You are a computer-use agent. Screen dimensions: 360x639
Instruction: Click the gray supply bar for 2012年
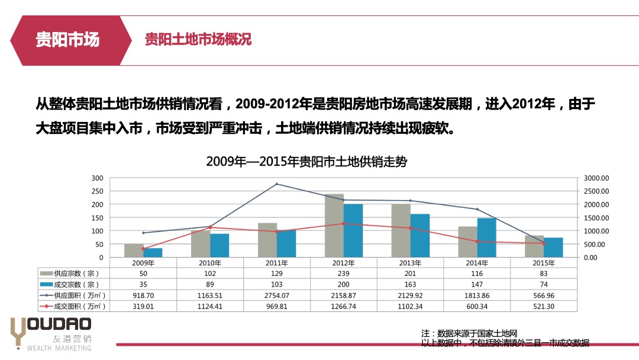334,226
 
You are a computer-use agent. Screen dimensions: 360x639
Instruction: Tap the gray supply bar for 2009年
134,250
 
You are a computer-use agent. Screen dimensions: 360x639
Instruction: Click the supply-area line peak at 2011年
277,184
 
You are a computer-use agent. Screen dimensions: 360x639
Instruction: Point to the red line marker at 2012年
344,224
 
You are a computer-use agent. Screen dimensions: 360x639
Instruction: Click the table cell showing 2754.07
277,295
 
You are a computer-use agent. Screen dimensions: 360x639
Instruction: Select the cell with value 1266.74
344,306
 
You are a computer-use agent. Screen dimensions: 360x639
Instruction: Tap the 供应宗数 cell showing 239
344,274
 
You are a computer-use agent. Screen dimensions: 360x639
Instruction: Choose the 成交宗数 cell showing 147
477,284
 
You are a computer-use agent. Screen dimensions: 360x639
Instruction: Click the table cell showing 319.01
143,306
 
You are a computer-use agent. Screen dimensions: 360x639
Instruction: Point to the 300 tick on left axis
97,178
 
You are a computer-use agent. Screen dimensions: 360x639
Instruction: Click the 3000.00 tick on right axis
596,178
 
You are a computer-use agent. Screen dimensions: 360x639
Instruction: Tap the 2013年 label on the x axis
410,263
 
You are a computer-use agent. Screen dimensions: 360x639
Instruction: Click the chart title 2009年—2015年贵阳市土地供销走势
306,162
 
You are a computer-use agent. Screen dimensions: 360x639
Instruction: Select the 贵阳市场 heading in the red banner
67,40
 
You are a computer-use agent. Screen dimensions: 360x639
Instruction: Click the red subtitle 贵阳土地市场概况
198,39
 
